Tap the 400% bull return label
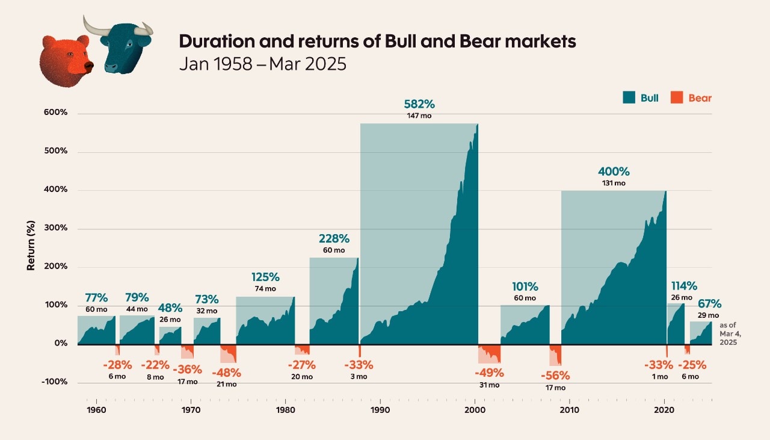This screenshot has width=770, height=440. [614, 171]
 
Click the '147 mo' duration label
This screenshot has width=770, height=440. [419, 116]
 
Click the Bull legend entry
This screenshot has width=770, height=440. [641, 98]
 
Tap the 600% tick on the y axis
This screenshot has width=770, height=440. [55, 113]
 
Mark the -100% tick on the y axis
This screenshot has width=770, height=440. [54, 382]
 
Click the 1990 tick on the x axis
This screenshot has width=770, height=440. [380, 410]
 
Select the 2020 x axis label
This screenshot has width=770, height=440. [664, 410]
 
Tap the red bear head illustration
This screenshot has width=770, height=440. [65, 59]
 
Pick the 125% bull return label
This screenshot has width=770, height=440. [265, 277]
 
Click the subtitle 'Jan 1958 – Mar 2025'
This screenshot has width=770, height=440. [263, 64]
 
